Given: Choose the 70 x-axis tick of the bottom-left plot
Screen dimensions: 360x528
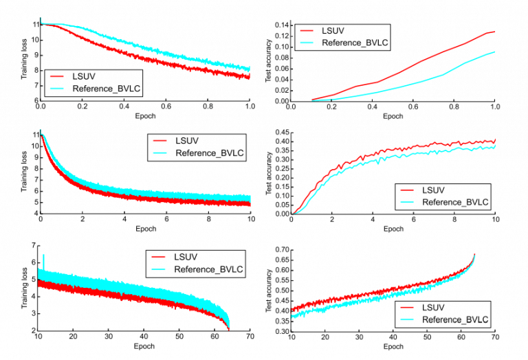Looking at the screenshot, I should (250, 338).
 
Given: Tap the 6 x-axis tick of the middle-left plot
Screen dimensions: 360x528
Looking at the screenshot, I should (166, 221).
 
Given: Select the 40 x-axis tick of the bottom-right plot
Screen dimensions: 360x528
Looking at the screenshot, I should (393, 338).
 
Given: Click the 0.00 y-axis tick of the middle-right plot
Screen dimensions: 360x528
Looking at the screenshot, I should (281, 214).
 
